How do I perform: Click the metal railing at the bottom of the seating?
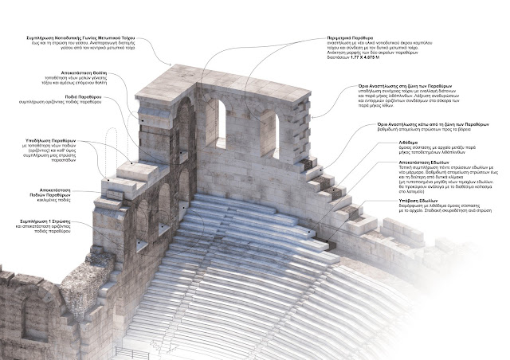(x=131, y=351)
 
